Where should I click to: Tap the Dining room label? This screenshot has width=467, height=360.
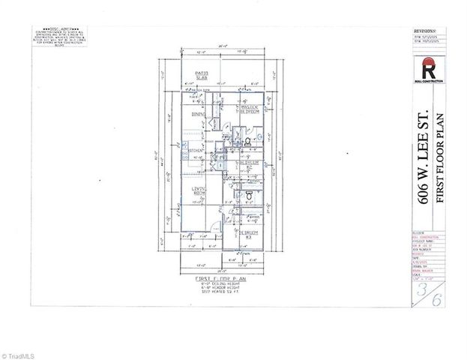coord(199,114)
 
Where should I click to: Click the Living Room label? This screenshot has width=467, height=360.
coord(199,191)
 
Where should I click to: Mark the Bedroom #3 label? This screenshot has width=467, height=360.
coord(250,234)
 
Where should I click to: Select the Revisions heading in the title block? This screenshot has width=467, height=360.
coord(424,34)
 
